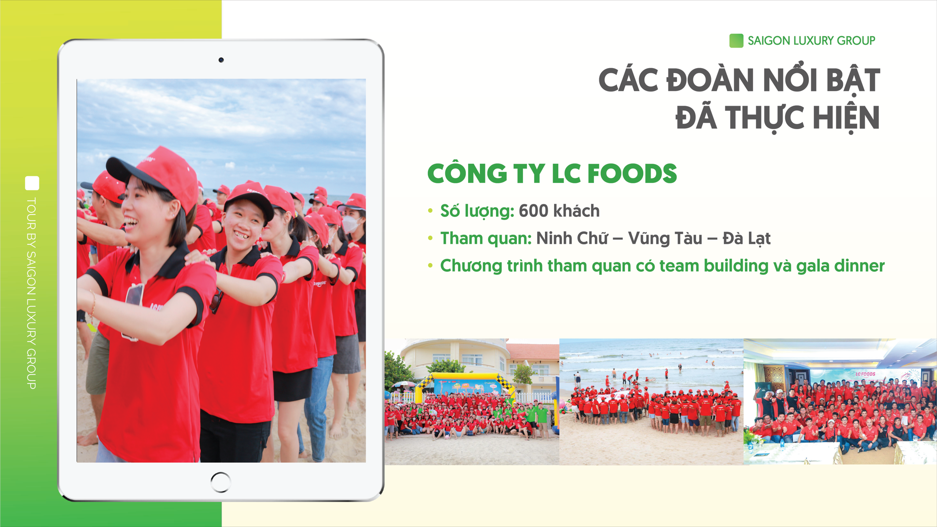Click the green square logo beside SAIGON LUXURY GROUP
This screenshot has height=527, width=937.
(x=736, y=41)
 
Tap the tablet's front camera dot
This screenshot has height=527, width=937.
(x=221, y=60)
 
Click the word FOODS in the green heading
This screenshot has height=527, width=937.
(x=632, y=173)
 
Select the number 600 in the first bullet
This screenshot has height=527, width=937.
(x=533, y=211)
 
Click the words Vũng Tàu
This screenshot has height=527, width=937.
(x=665, y=238)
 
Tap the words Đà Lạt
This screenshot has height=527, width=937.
(x=747, y=238)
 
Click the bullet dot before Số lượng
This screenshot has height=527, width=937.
(x=430, y=211)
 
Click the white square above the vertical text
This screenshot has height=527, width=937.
(x=32, y=183)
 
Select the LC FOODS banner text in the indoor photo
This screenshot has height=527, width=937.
(x=865, y=374)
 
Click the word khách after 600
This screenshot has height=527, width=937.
(x=576, y=211)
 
